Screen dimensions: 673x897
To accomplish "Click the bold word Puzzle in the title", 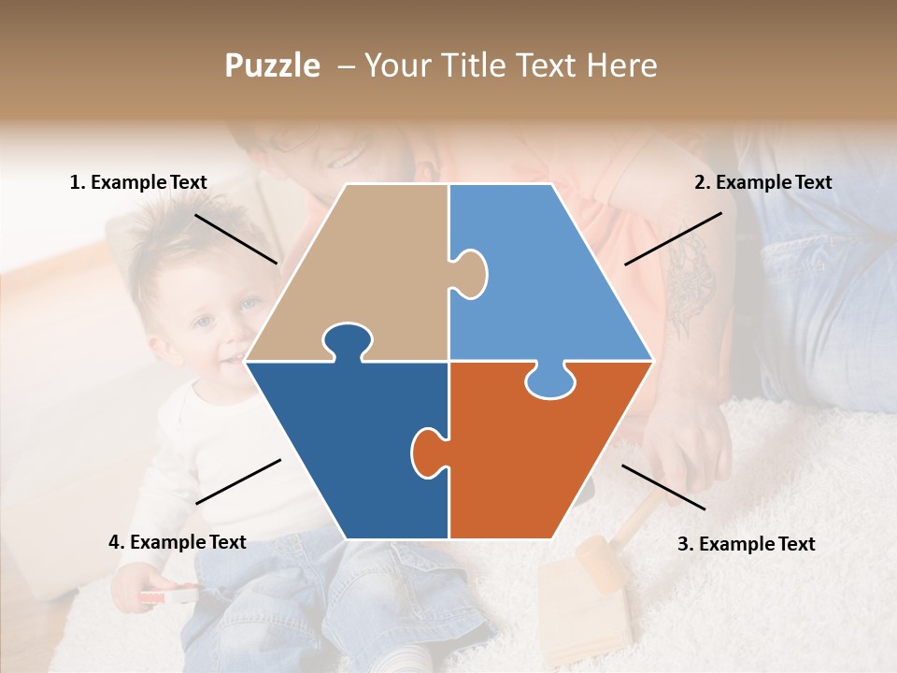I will point(272,65).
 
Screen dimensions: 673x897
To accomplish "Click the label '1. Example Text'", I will point(138,182).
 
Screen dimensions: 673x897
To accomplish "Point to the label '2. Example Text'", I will point(762,182).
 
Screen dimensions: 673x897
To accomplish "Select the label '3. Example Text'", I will point(746,544).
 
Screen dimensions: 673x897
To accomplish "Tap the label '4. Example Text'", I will point(178,542).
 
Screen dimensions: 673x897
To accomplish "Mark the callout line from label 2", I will point(673,238).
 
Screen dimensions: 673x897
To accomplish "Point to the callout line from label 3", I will point(663,487).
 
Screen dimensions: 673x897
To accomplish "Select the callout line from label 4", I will point(238,481).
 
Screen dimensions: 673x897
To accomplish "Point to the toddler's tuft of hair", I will point(178,229).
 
